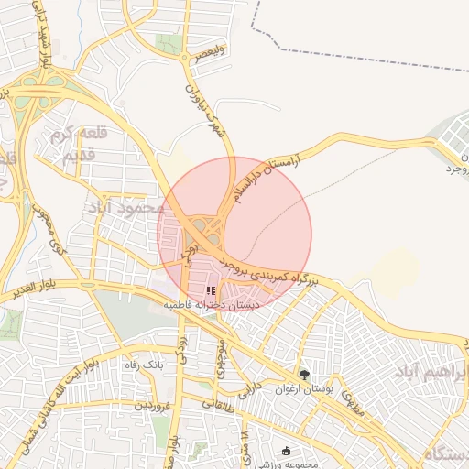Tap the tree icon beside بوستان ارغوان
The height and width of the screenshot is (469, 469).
(x=305, y=374)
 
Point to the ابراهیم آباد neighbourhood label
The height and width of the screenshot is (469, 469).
(x=431, y=371)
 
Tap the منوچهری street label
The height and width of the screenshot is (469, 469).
(x=222, y=354)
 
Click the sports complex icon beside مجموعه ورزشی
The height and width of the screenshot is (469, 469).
(x=287, y=452)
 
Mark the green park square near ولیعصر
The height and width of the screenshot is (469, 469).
(x=168, y=43)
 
